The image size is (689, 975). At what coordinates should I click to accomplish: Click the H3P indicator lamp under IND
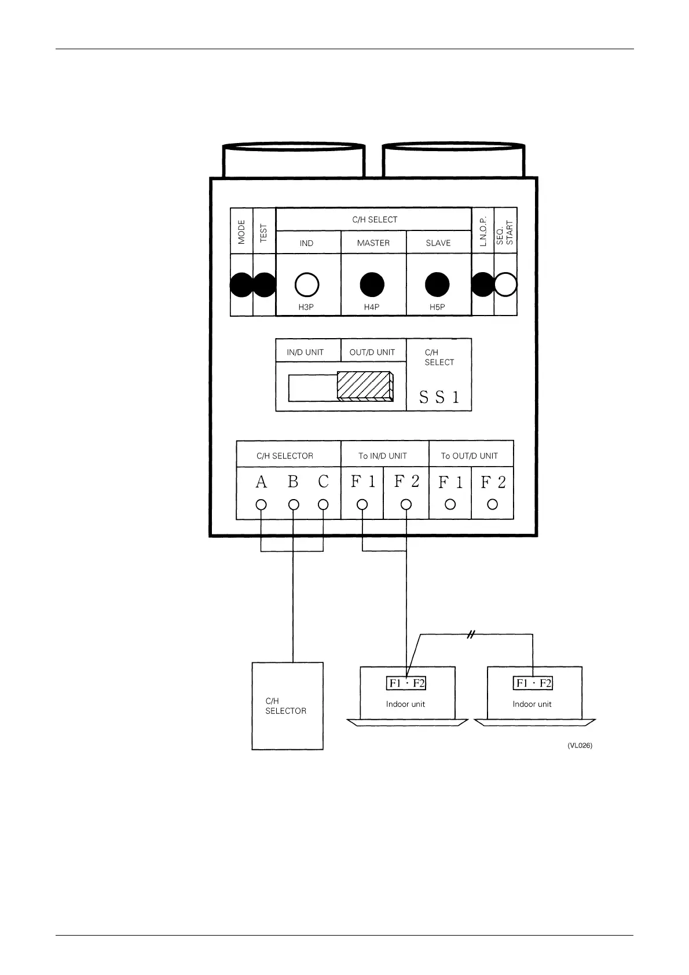pyautogui.click(x=307, y=284)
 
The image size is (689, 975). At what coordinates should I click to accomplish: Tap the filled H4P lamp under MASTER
pyautogui.click(x=372, y=284)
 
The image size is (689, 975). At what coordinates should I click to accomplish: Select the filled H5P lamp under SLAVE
pyautogui.click(x=437, y=284)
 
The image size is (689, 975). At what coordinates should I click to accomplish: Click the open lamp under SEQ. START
pyautogui.click(x=505, y=284)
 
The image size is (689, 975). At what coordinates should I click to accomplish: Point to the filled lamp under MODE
pyautogui.click(x=241, y=284)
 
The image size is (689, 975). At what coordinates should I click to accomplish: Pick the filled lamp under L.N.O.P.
pyautogui.click(x=483, y=284)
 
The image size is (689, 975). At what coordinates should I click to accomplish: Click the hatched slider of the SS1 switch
pyautogui.click(x=365, y=385)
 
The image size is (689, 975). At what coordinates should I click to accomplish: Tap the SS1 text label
pyautogui.click(x=439, y=397)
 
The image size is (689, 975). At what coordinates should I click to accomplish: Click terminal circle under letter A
pyautogui.click(x=261, y=504)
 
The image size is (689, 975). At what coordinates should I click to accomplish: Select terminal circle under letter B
pyautogui.click(x=294, y=504)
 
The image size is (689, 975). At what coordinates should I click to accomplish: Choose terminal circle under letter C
pyautogui.click(x=323, y=504)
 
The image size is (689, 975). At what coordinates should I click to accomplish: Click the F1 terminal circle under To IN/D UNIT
pyautogui.click(x=362, y=504)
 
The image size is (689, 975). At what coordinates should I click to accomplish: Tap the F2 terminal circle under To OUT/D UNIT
pyautogui.click(x=492, y=504)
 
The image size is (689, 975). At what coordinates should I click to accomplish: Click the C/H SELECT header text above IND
pyautogui.click(x=375, y=220)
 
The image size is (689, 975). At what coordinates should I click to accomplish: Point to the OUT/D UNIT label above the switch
pyautogui.click(x=372, y=352)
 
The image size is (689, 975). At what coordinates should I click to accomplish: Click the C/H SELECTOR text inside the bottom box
pyautogui.click(x=285, y=706)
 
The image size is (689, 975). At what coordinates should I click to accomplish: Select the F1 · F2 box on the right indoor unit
pyautogui.click(x=533, y=683)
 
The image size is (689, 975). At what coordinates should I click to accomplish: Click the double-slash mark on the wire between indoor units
pyautogui.click(x=471, y=635)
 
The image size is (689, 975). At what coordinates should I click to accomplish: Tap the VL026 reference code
pyautogui.click(x=580, y=746)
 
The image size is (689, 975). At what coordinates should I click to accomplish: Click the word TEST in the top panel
pyautogui.click(x=264, y=233)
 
